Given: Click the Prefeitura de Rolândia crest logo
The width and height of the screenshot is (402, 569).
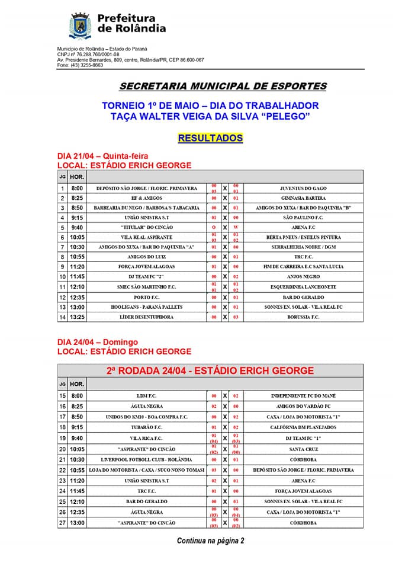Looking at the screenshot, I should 79,25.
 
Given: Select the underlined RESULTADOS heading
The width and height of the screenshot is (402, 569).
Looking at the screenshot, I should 210,138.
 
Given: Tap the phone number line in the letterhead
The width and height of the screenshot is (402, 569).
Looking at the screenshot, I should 80,65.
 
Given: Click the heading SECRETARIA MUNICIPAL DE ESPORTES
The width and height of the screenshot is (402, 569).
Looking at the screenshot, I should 223,86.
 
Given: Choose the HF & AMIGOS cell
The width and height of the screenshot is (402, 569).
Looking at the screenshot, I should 146,198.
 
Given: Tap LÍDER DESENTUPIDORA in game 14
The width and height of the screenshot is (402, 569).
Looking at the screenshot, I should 146,317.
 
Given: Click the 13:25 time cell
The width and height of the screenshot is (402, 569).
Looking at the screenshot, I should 77,317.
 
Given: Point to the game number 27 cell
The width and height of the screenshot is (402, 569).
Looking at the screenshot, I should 62,523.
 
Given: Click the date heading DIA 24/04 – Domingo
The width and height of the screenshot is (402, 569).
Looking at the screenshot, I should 98,342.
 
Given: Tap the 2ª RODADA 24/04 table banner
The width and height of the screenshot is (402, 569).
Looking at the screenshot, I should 210,370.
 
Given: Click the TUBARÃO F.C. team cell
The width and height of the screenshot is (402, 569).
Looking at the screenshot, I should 146,427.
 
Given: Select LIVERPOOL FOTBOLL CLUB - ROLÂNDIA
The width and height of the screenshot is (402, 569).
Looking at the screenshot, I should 146,459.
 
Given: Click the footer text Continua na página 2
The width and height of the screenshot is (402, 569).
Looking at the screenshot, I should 210,541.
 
